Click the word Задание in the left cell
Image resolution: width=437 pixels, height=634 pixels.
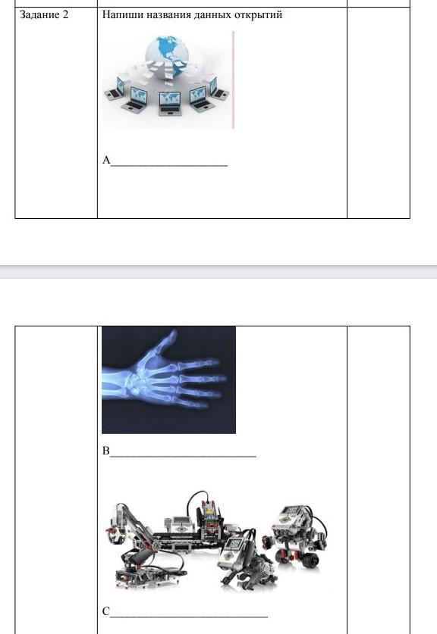[x=39, y=15]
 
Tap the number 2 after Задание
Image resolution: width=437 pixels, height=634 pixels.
[x=65, y=15]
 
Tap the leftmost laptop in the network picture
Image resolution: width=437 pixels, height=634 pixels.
[x=115, y=89]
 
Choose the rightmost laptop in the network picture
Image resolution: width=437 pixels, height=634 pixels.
[x=218, y=89]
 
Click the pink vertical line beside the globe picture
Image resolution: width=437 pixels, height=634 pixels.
[x=233, y=80]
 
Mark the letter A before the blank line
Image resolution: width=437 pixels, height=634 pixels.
[x=106, y=160]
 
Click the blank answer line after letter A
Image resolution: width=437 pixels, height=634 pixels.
[x=169, y=165]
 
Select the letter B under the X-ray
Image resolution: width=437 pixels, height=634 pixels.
[x=106, y=451]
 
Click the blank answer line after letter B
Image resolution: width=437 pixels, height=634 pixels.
[x=183, y=456]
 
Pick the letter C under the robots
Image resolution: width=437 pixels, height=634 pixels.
[x=106, y=611]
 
